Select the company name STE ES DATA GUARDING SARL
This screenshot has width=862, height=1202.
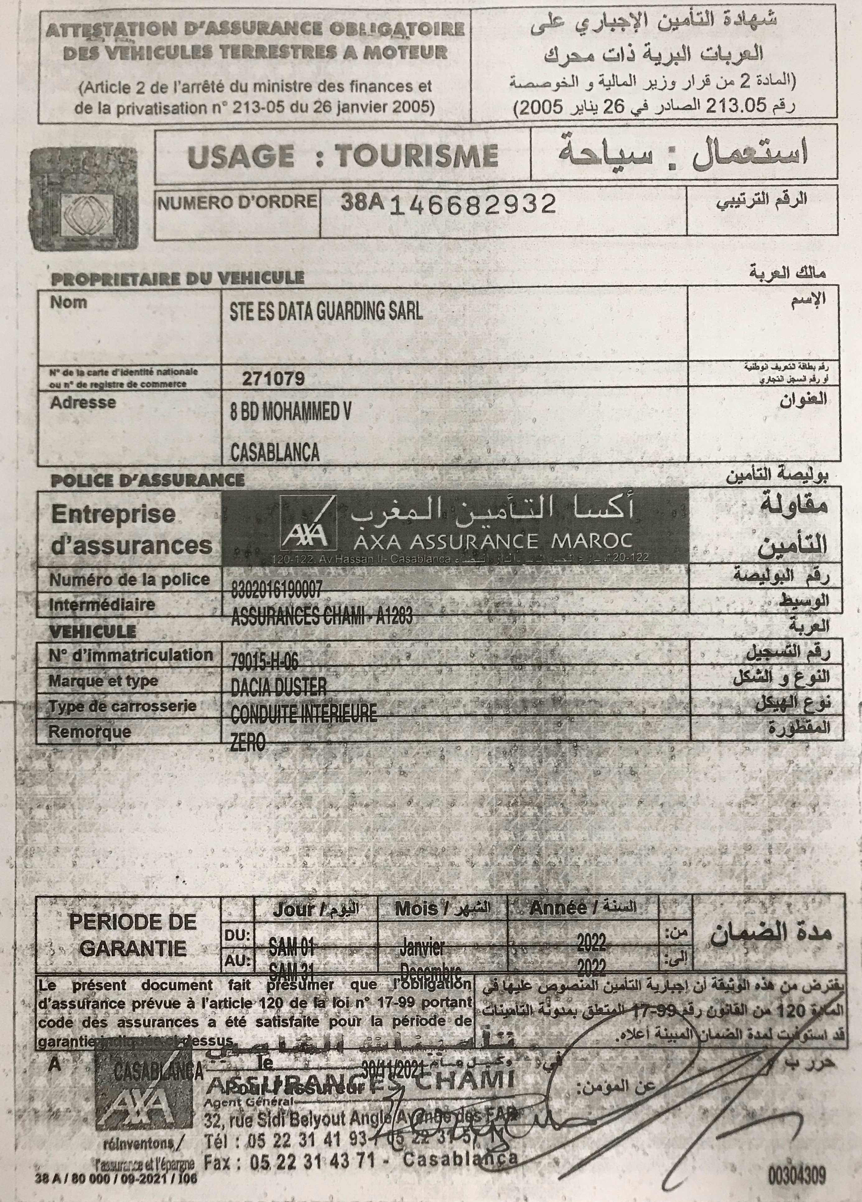(326, 311)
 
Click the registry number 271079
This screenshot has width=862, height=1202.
(273, 378)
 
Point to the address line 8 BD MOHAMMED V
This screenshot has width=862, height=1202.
(290, 413)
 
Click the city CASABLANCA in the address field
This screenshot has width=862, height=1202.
(275, 452)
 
